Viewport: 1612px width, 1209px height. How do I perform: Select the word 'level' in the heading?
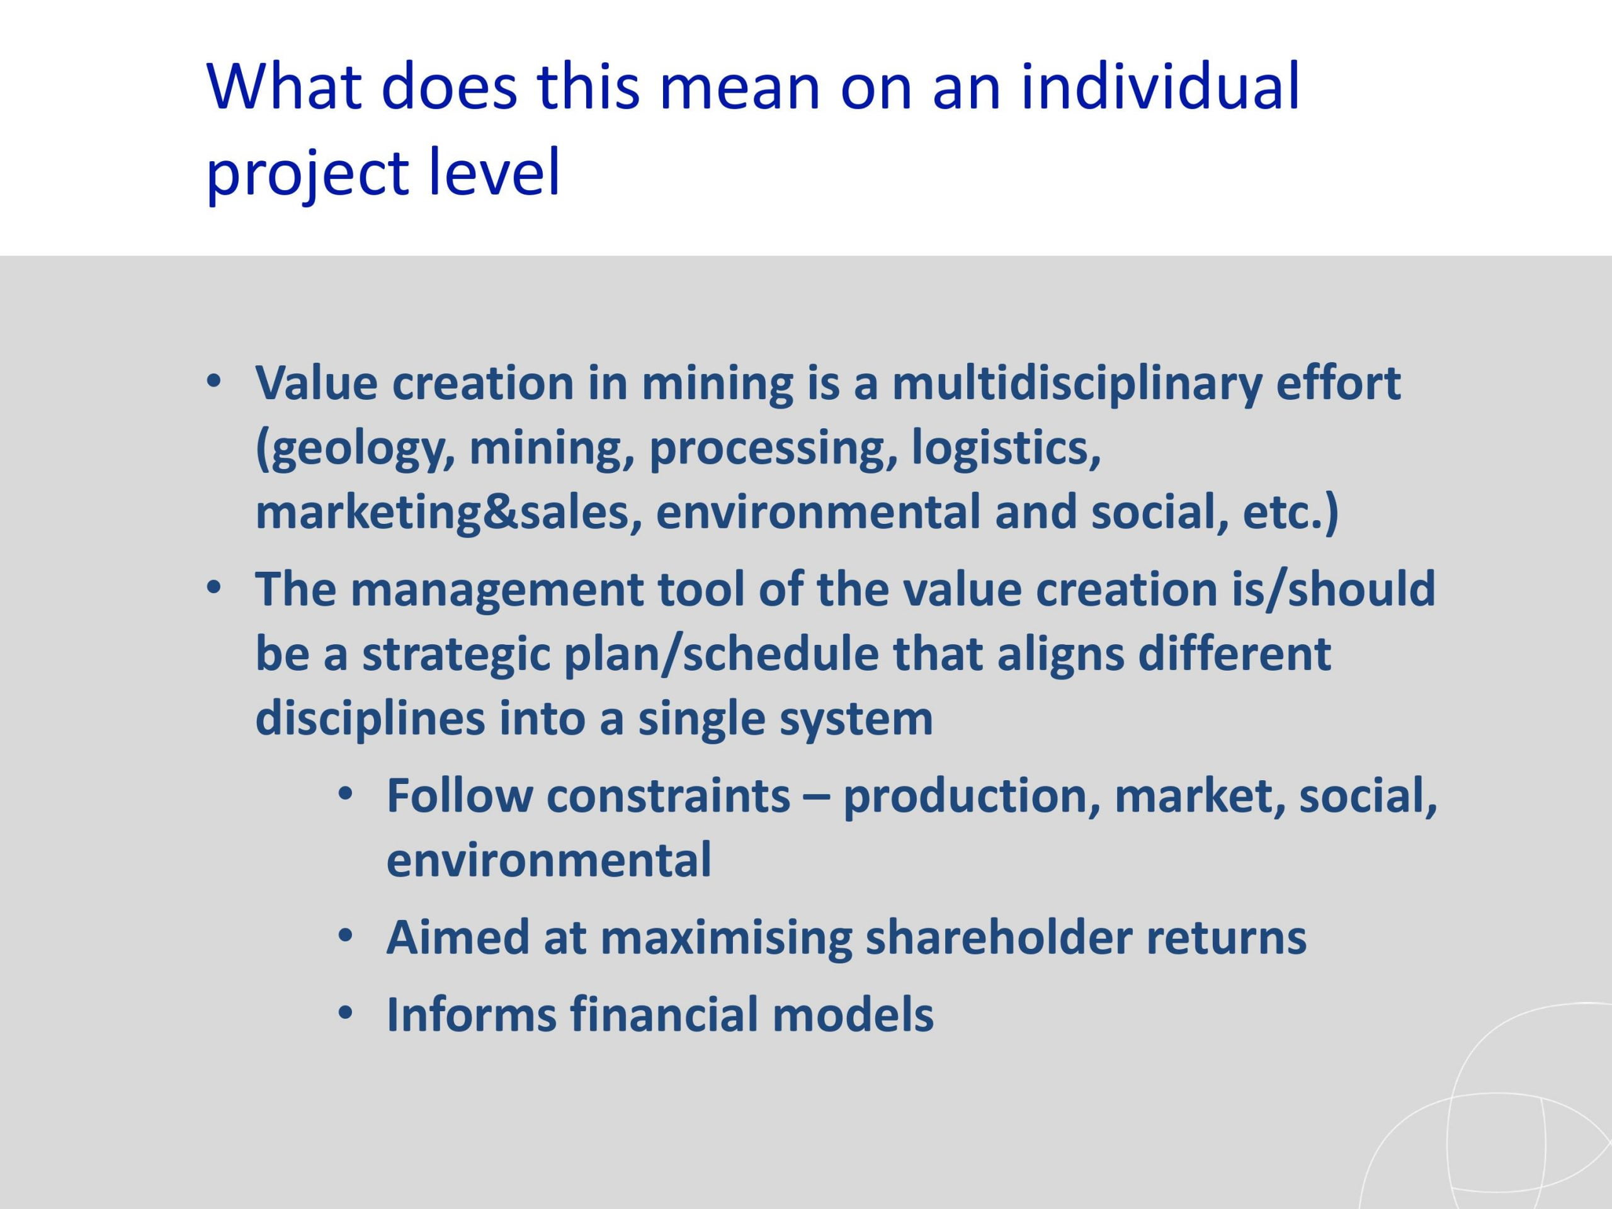click(494, 171)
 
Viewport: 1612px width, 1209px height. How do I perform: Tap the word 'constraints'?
click(668, 796)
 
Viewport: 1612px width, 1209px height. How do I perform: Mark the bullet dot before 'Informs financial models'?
click(346, 1014)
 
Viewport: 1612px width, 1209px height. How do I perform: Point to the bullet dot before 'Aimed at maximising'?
click(346, 936)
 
